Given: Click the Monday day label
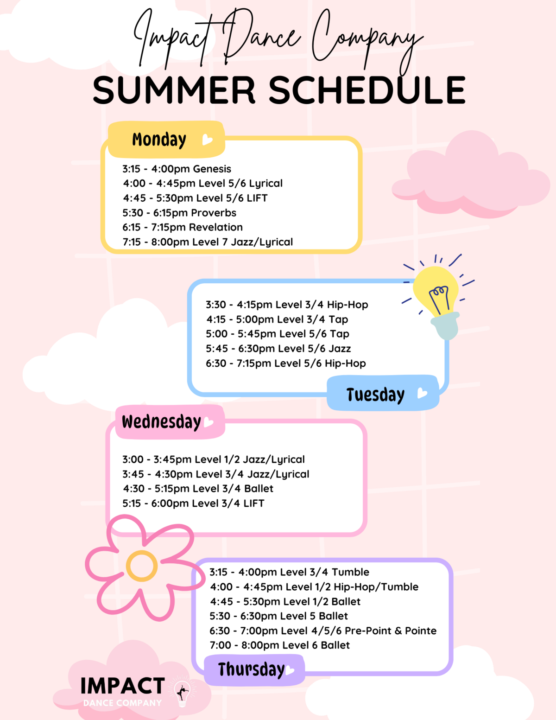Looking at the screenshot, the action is pyautogui.click(x=159, y=140).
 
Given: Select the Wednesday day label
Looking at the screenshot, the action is pyautogui.click(x=161, y=422).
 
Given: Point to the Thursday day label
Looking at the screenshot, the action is pyautogui.click(x=251, y=669).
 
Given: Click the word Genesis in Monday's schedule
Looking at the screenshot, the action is pyautogui.click(x=212, y=169).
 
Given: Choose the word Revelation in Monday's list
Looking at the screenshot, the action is pyautogui.click(x=215, y=227).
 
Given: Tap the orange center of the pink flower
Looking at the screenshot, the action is pyautogui.click(x=142, y=566).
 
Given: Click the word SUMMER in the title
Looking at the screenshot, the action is pyautogui.click(x=174, y=90).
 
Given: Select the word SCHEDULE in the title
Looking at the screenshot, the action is pyautogui.click(x=367, y=90).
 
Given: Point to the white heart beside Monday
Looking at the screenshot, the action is pyautogui.click(x=207, y=140).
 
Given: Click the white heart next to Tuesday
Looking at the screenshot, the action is pyautogui.click(x=422, y=393).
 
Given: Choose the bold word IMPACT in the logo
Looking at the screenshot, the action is pyautogui.click(x=122, y=686).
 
